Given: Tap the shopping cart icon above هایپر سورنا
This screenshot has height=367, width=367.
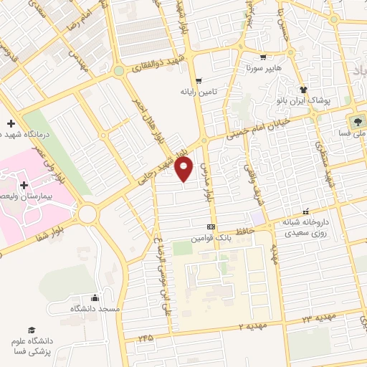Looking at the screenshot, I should click(x=264, y=58).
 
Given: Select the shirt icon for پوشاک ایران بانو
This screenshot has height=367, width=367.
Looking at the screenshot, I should click(x=304, y=90).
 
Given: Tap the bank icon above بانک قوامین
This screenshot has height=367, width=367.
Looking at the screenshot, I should click(x=211, y=226).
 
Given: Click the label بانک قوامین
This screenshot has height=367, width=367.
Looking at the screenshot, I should click(x=210, y=237).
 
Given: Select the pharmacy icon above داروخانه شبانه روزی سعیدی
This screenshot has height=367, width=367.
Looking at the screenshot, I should click(x=306, y=211).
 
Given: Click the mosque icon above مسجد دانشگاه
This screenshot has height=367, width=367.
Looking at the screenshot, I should click(x=95, y=297).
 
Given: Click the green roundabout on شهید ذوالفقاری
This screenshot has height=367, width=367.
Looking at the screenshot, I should click(x=118, y=71).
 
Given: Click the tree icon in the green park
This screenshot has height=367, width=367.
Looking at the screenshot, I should click(x=356, y=120).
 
